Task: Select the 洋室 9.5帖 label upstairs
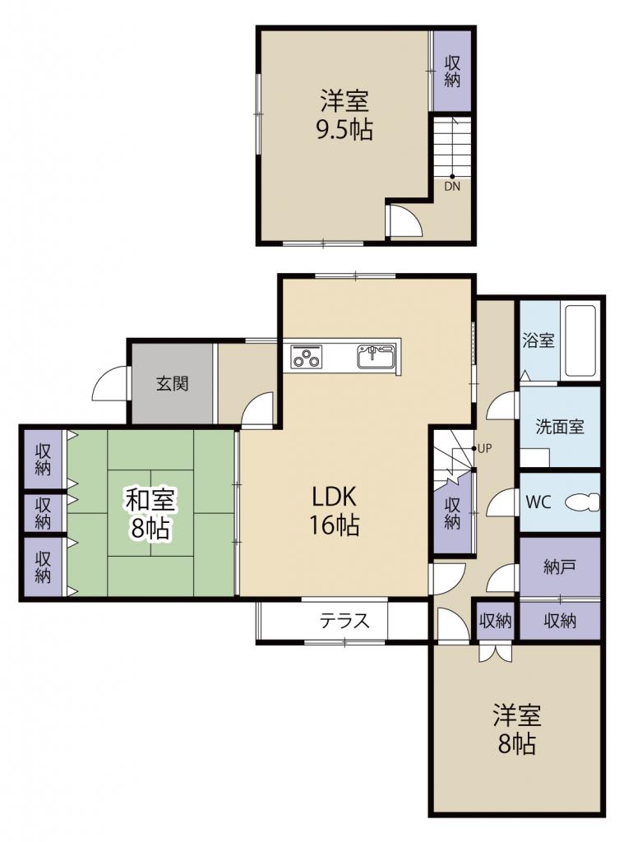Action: [344, 115]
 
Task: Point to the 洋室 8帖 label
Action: [516, 729]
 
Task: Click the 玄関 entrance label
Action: [173, 383]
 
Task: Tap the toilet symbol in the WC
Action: [583, 502]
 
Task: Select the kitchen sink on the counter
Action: [377, 357]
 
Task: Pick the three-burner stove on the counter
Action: [306, 357]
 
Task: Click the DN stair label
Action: [452, 187]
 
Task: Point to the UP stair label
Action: [484, 449]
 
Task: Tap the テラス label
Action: [344, 621]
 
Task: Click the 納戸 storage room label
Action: [560, 567]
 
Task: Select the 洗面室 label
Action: [560, 427]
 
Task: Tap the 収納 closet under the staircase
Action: [452, 513]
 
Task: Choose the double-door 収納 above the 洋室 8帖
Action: [495, 621]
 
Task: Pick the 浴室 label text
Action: [538, 340]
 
